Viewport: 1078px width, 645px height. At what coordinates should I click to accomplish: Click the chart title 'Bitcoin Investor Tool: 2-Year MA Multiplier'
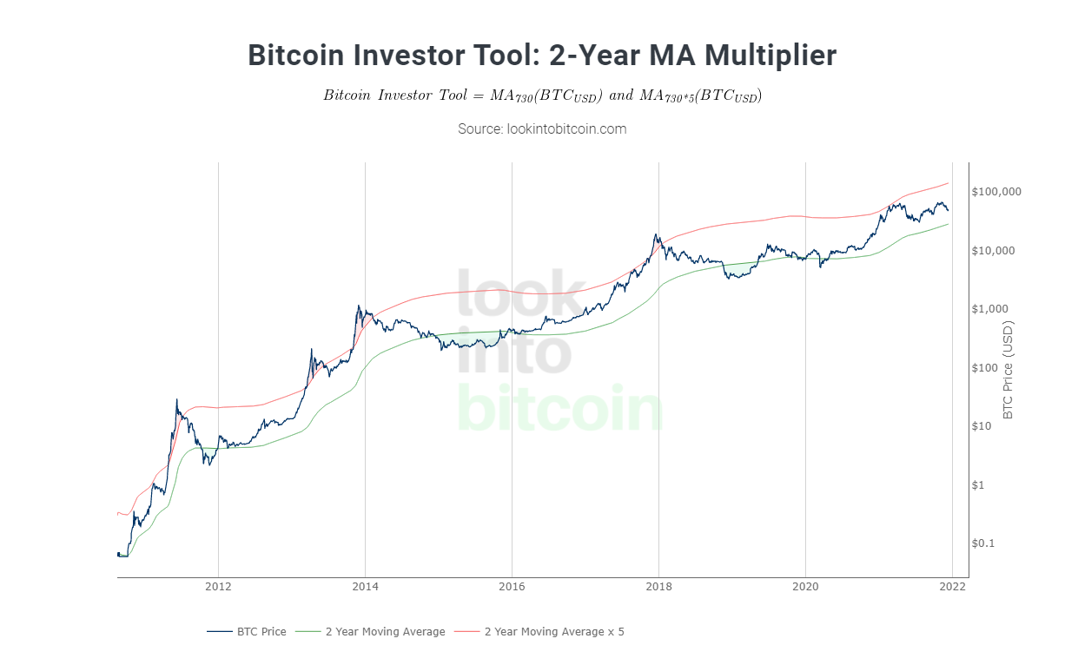pos(542,55)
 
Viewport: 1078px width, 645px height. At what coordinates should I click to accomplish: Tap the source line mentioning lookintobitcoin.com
pos(542,128)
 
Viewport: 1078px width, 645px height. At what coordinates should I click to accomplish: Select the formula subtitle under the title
pos(542,95)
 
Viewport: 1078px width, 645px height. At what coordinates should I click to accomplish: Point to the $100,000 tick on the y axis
pos(997,192)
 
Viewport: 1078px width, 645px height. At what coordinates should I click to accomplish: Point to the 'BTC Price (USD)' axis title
pos(1008,369)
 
